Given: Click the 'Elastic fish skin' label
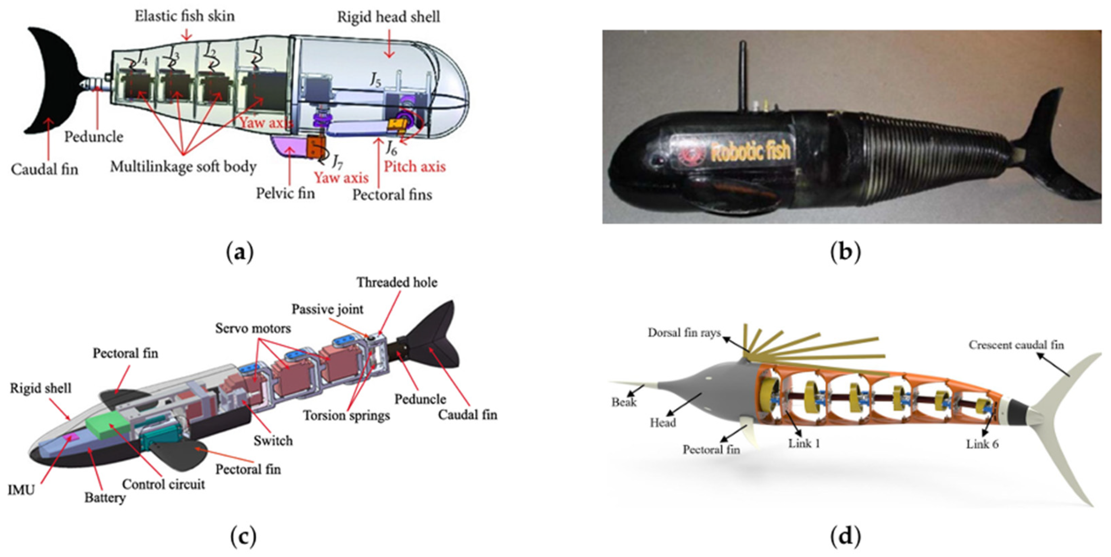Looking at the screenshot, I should (x=185, y=16).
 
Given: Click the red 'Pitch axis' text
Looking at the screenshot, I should (x=415, y=167).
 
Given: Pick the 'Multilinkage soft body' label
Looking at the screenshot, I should (x=183, y=166).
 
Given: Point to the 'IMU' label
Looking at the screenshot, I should (x=21, y=490).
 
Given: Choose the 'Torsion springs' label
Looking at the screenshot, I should (x=346, y=415).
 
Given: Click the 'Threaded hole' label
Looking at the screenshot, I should (x=397, y=283).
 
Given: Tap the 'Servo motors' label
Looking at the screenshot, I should (x=253, y=328).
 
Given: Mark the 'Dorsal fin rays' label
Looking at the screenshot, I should (x=684, y=332).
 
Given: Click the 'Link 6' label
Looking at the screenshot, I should (x=982, y=444).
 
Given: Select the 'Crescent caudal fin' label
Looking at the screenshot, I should (x=1016, y=345).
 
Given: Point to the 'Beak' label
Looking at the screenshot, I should (x=624, y=402).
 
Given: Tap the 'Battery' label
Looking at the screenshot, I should (x=105, y=497).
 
